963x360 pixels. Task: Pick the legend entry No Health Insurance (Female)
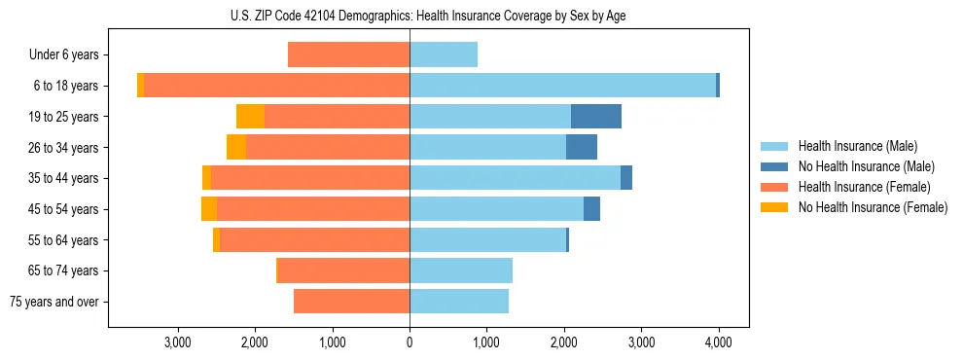tap(873, 207)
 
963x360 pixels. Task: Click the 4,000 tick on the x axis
tap(719, 342)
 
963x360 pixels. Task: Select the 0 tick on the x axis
tap(410, 342)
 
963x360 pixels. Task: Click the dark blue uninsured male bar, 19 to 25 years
tap(595, 117)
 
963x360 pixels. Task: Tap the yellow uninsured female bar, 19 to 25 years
tap(250, 117)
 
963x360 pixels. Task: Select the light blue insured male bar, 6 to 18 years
tap(562, 86)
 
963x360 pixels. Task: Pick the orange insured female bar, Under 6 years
tap(348, 55)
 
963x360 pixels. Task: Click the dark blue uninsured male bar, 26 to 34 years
tap(581, 148)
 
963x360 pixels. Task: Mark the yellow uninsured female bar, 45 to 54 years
tap(209, 209)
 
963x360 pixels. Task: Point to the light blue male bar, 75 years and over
tap(459, 302)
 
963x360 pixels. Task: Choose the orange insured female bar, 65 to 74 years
tap(343, 270)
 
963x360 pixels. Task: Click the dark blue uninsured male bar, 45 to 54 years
tap(591, 209)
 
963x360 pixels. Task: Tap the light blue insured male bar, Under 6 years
tap(444, 55)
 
